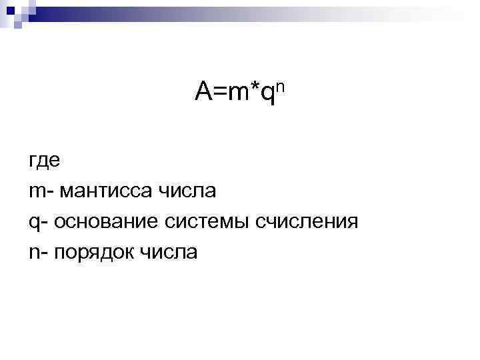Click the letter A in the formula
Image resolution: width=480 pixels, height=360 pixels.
click(x=203, y=92)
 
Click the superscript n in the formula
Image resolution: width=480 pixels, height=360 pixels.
click(x=281, y=85)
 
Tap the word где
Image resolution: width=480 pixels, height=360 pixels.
click(x=44, y=162)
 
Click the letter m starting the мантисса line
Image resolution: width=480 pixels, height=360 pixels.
click(x=35, y=193)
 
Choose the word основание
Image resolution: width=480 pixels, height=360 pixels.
click(x=107, y=222)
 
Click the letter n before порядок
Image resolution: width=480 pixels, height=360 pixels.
click(x=33, y=253)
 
